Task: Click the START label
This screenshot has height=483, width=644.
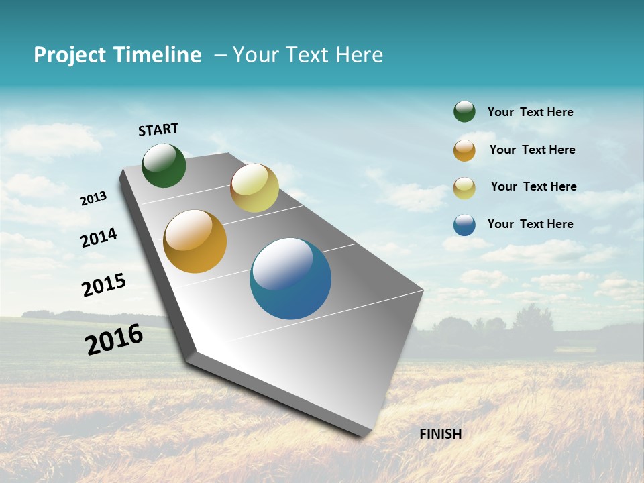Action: click(x=158, y=129)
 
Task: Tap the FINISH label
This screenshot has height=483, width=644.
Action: click(x=440, y=434)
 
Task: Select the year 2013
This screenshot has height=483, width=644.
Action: click(x=93, y=199)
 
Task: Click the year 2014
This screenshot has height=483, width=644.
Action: click(x=99, y=237)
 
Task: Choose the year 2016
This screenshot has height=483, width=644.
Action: click(x=114, y=339)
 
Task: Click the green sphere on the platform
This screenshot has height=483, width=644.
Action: click(x=164, y=165)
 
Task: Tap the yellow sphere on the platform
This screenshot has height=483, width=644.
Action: click(x=254, y=188)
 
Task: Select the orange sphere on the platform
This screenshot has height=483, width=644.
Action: click(x=195, y=241)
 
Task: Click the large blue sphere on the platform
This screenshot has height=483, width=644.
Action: click(x=290, y=278)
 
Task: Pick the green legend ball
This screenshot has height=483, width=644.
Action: click(x=464, y=111)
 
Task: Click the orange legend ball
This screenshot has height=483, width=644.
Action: click(x=464, y=150)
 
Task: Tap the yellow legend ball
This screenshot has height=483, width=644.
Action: click(x=464, y=188)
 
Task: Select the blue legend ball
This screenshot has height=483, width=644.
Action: click(x=464, y=225)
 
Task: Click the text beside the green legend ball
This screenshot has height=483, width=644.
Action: click(x=530, y=112)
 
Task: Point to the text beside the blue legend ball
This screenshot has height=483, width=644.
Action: click(x=530, y=224)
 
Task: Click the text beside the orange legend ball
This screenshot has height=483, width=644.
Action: click(x=532, y=150)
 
